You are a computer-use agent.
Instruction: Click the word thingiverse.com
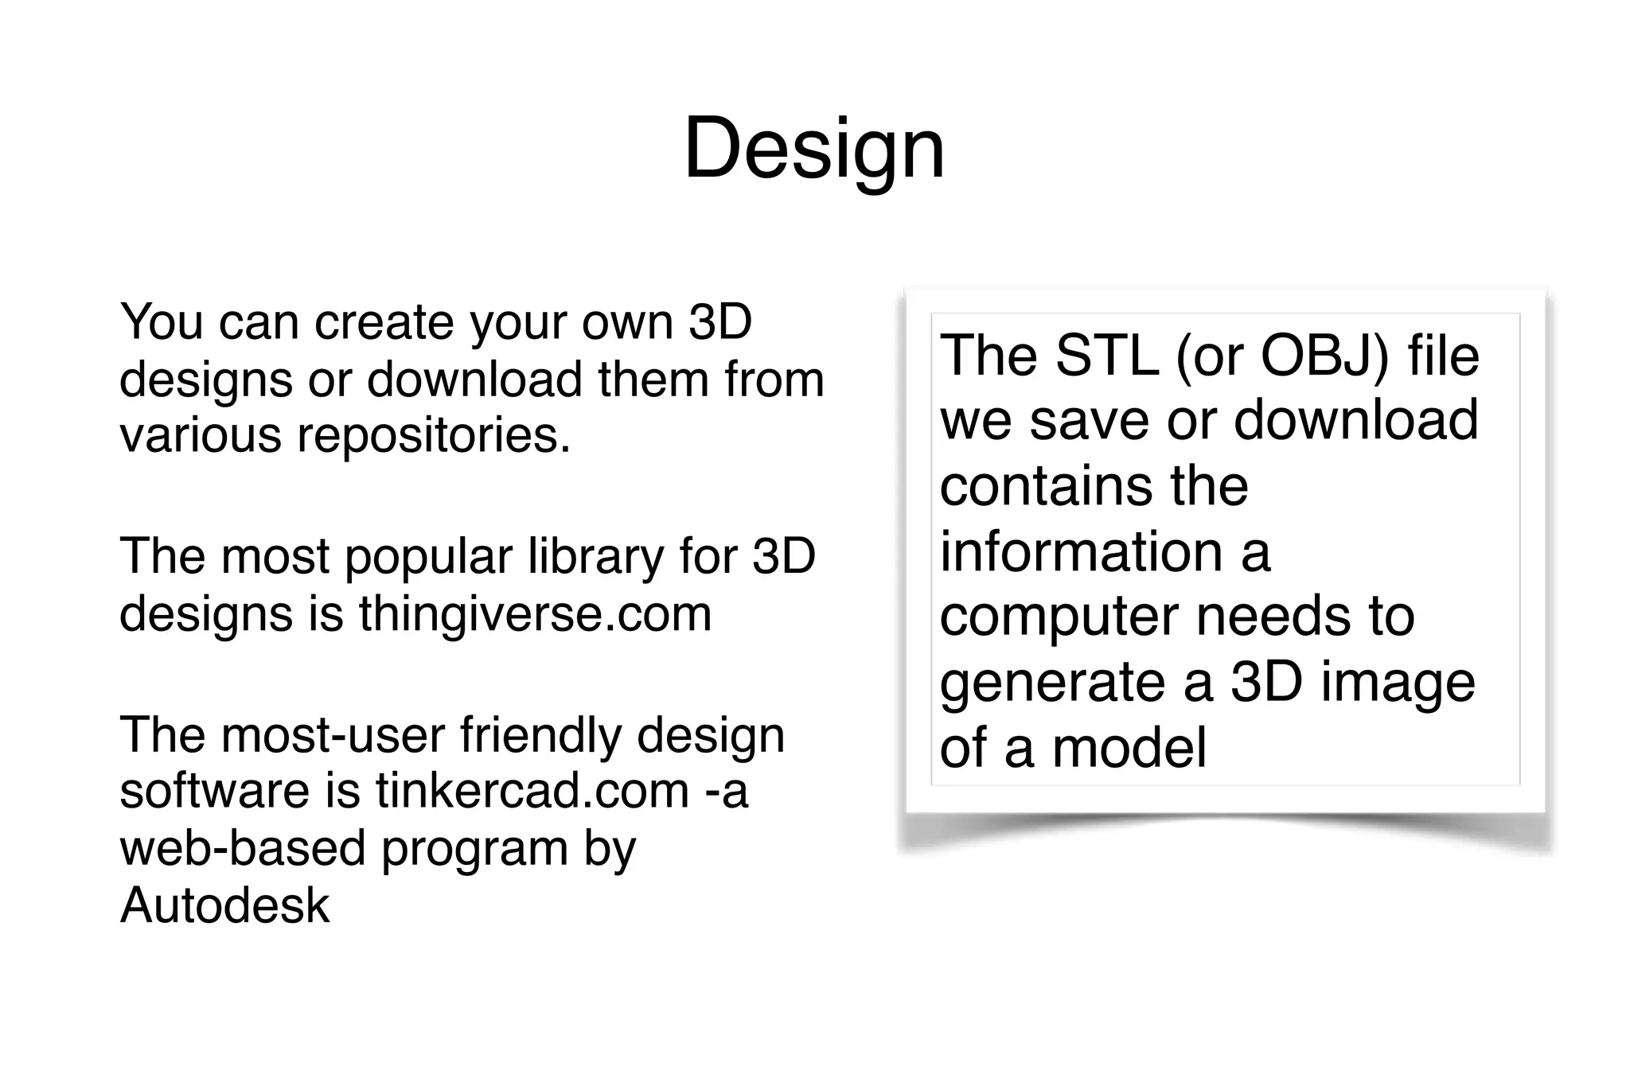[534, 614]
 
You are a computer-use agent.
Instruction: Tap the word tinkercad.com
[532, 791]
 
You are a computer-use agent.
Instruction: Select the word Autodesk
[224, 905]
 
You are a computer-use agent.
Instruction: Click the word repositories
[434, 436]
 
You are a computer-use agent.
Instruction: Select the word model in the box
[1129, 748]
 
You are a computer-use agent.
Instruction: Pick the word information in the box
[1081, 551]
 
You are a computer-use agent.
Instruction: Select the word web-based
[243, 848]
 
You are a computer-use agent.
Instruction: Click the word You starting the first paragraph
[165, 322]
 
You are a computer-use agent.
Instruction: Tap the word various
[201, 436]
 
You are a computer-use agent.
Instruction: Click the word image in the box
[1398, 683]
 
